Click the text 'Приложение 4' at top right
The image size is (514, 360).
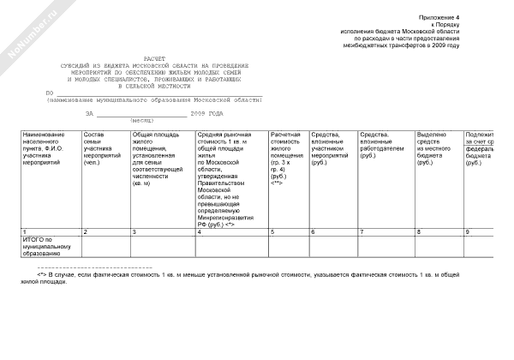(x=439, y=17)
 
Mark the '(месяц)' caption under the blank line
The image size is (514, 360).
(x=142, y=121)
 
